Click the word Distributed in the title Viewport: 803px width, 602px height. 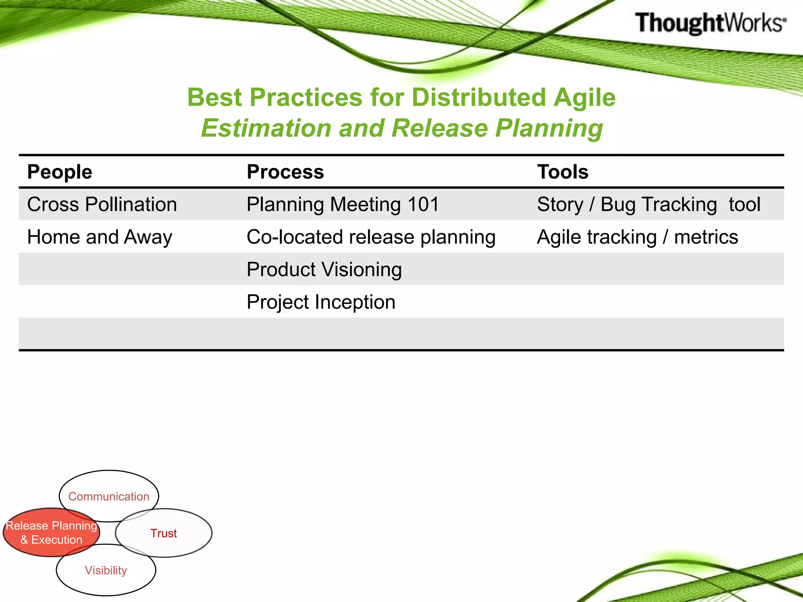pyautogui.click(x=479, y=97)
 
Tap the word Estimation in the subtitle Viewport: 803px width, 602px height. pyautogui.click(x=266, y=128)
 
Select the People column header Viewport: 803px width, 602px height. pyautogui.click(x=60, y=172)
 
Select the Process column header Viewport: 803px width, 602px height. pyautogui.click(x=285, y=172)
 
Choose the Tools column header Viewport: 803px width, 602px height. pyautogui.click(x=562, y=172)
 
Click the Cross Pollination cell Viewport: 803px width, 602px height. pyautogui.click(x=102, y=204)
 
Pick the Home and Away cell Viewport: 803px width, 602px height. pyautogui.click(x=100, y=237)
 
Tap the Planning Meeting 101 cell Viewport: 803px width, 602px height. pyautogui.click(x=343, y=204)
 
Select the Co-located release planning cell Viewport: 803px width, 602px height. pyautogui.click(x=371, y=237)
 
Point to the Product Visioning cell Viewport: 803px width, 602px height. pyautogui.click(x=324, y=270)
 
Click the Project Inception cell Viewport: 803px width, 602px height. pyautogui.click(x=321, y=302)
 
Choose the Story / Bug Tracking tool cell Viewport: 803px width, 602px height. pyautogui.click(x=648, y=204)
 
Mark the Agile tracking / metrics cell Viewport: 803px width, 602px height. pyautogui.click(x=637, y=237)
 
